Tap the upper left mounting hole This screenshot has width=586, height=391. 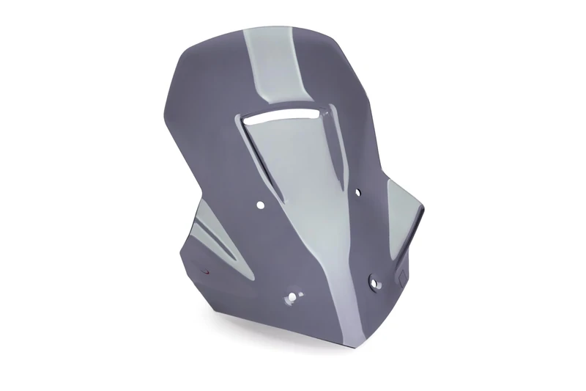coord(260,206)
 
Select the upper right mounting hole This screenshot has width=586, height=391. coord(357,193)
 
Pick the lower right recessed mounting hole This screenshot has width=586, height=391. coord(375,279)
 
